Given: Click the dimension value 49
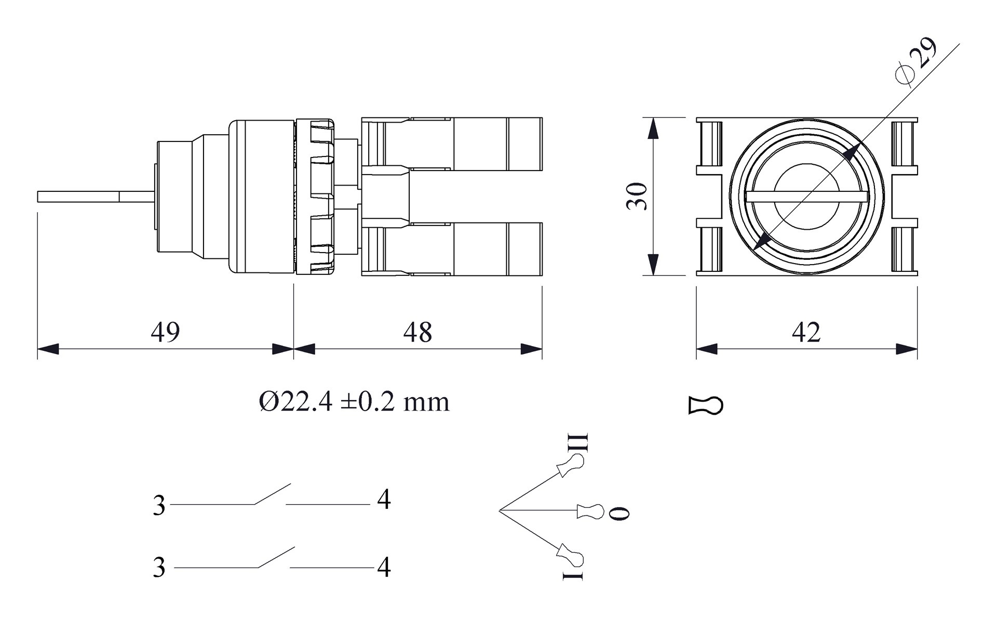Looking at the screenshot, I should point(165,332).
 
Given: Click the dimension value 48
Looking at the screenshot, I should point(417,332).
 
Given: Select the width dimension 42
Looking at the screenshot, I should point(806,332).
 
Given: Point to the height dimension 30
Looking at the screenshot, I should point(637,196).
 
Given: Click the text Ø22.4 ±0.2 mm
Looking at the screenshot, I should point(354,402).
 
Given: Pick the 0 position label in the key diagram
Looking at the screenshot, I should point(619,512).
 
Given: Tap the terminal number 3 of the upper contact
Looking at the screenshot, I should point(159,505).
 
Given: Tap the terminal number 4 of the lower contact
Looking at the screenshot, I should point(384,567).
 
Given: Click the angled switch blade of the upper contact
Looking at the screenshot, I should point(272,494).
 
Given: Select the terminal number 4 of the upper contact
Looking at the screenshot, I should point(384,499).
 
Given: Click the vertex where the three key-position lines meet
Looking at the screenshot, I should point(500,511).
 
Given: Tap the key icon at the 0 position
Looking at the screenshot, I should point(591,511).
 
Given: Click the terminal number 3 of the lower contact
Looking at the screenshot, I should point(159,567).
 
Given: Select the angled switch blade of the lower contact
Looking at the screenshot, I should point(276,557).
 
